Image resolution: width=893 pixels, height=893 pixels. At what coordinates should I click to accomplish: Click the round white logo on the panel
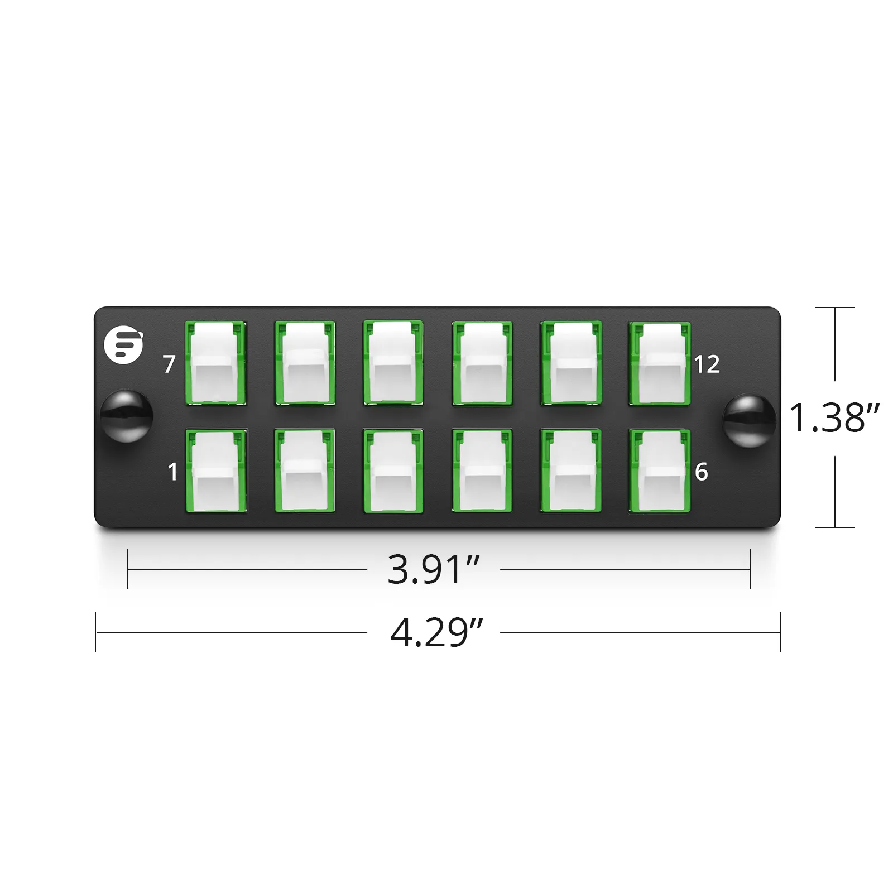[x=123, y=345]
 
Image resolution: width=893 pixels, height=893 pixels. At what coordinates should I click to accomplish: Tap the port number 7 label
[x=169, y=364]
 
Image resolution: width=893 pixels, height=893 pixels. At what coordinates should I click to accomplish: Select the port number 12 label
[x=707, y=364]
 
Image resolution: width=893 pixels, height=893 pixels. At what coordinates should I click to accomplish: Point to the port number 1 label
[x=173, y=472]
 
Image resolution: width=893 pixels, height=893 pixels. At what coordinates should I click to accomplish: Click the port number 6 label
[x=702, y=472]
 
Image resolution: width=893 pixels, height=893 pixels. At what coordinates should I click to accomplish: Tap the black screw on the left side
[x=126, y=417]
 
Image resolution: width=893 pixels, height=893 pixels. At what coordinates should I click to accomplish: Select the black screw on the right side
[x=750, y=421]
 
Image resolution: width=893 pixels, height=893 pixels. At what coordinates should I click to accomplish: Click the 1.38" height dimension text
[x=834, y=417]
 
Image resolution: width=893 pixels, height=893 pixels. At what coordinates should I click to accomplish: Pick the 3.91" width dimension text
[x=434, y=569]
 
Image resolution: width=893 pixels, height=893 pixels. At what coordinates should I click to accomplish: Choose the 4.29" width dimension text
[x=436, y=632]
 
